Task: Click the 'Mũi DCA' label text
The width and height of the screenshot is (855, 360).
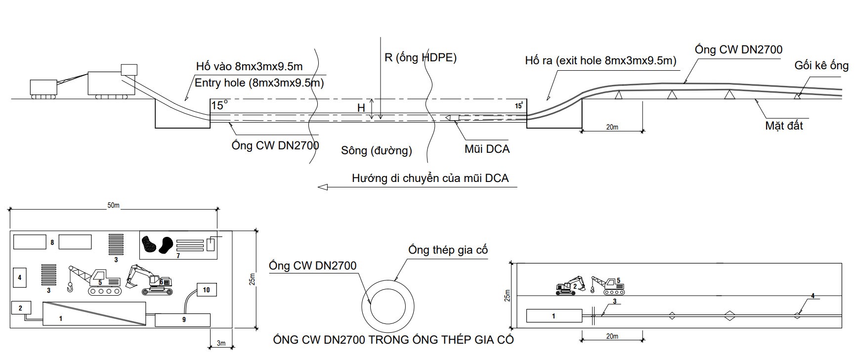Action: tap(487, 149)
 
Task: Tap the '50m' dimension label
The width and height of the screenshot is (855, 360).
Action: tap(113, 205)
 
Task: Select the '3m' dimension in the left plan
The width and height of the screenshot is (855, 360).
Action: tap(220, 343)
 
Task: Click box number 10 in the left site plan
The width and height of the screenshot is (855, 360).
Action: tap(206, 290)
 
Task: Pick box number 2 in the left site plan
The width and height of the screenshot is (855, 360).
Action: tap(21, 308)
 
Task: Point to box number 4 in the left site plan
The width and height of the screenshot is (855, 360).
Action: tap(20, 277)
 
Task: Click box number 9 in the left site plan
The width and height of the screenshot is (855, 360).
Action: tap(183, 320)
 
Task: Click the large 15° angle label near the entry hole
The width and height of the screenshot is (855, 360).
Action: tap(219, 105)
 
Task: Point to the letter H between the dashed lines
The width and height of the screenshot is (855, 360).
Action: tap(361, 108)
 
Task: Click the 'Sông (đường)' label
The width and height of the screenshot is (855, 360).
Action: tap(376, 150)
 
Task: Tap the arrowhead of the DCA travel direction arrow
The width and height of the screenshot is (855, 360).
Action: tap(323, 187)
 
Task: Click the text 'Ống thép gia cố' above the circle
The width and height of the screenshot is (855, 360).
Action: tap(448, 250)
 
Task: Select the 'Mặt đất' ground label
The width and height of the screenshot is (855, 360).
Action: tap(784, 126)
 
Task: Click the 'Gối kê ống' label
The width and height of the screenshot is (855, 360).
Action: tap(821, 66)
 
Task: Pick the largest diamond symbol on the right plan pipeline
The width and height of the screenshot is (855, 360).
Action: tap(729, 315)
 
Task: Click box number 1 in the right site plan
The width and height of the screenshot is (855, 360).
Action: tap(554, 315)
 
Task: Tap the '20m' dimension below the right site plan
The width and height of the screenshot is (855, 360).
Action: tap(612, 336)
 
